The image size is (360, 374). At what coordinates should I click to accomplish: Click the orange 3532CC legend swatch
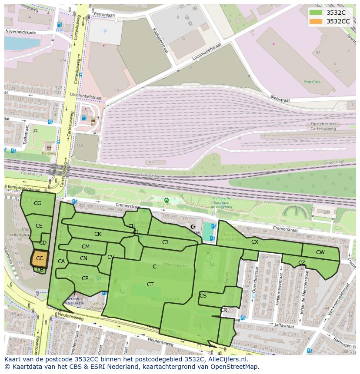click(x=316, y=21)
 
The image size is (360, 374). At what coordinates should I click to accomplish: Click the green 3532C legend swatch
click(x=316, y=12)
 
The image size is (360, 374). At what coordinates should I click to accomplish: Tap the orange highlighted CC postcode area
click(x=40, y=258)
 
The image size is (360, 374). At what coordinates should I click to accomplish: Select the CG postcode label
click(x=38, y=203)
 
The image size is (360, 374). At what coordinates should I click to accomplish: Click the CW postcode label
click(x=320, y=252)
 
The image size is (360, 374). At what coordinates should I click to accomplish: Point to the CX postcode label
click(x=255, y=242)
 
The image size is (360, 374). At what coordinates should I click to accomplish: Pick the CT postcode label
click(x=150, y=285)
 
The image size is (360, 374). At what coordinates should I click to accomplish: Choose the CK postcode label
click(x=98, y=234)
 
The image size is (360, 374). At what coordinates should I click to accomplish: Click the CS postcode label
click(x=203, y=296)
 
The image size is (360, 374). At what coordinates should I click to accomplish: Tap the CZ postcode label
click(x=301, y=263)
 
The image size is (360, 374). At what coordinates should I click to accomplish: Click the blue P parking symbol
click(x=105, y=32)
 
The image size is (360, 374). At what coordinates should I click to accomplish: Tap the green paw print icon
click(x=166, y=200)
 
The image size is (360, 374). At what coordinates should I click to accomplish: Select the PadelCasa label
click(x=312, y=81)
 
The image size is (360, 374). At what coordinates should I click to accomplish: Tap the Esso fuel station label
click(x=60, y=30)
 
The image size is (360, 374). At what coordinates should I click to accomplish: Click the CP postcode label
click(x=85, y=278)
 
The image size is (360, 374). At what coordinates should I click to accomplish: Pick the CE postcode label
click(x=39, y=226)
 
